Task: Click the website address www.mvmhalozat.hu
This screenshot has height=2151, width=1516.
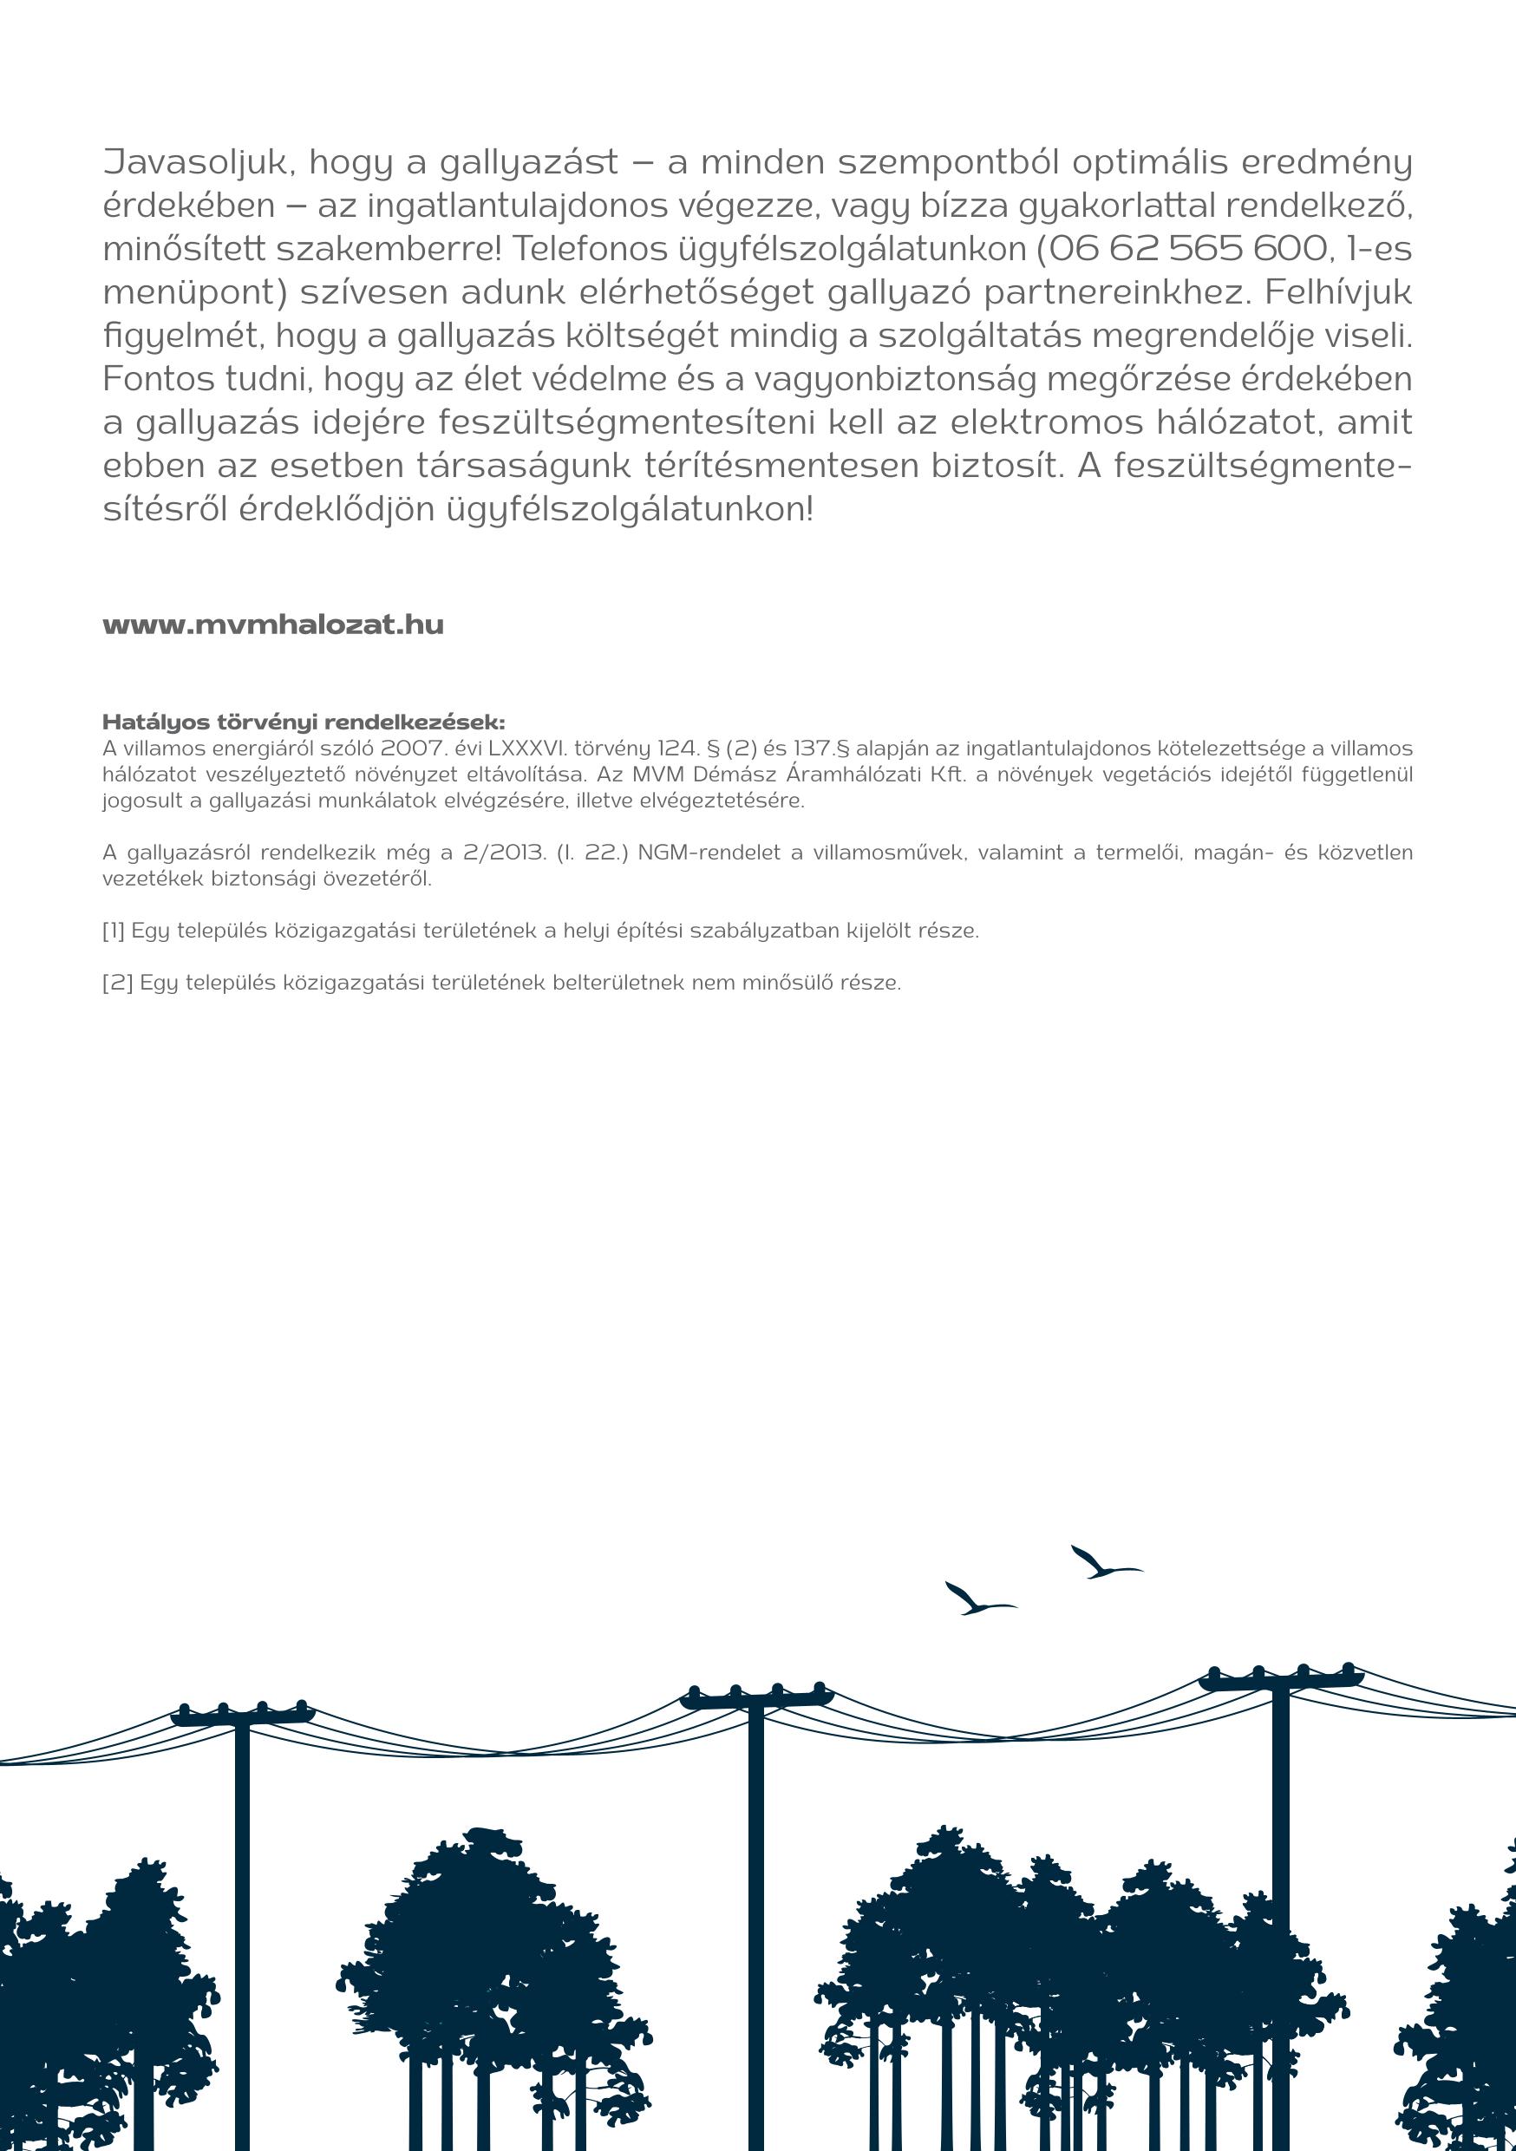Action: pos(272,624)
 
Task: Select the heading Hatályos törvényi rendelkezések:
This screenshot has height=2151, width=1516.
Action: pos(304,722)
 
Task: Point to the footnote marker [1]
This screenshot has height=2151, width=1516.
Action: pos(114,932)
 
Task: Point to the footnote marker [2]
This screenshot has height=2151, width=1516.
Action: pos(117,984)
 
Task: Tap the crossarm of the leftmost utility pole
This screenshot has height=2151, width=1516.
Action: pos(242,1717)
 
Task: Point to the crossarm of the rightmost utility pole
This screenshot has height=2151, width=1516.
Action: pos(1280,1681)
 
